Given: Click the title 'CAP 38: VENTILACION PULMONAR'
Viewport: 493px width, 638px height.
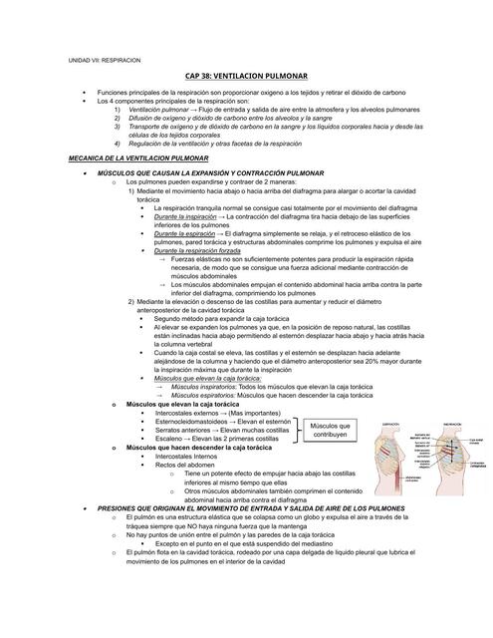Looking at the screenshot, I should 246,76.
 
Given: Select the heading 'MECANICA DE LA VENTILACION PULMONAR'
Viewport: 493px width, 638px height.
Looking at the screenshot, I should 136,159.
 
